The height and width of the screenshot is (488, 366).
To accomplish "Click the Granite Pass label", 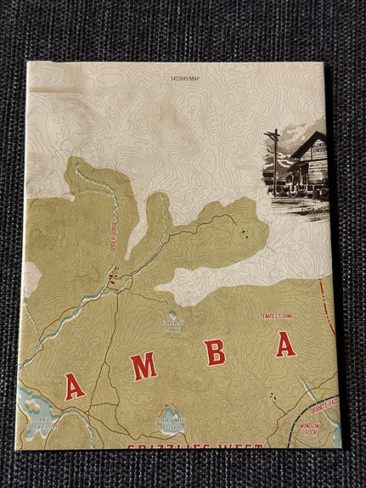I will pyautogui.click(x=324, y=401).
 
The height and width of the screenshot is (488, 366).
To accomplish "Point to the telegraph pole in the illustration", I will pyautogui.click(x=274, y=161).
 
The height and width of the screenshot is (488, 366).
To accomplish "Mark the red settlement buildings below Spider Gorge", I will pyautogui.click(x=111, y=274).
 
